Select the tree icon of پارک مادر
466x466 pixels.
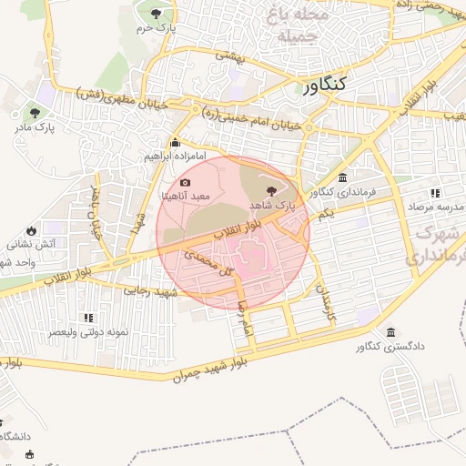pyautogui.click(x=35, y=113)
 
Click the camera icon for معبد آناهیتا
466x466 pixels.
pyautogui.click(x=186, y=182)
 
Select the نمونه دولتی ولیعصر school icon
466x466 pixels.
pyautogui.click(x=88, y=318)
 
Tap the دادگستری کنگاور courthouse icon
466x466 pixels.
pyautogui.click(x=390, y=331)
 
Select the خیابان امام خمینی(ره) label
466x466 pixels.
pyautogui.click(x=250, y=117)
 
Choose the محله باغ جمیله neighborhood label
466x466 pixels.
pyautogui.click(x=290, y=25)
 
